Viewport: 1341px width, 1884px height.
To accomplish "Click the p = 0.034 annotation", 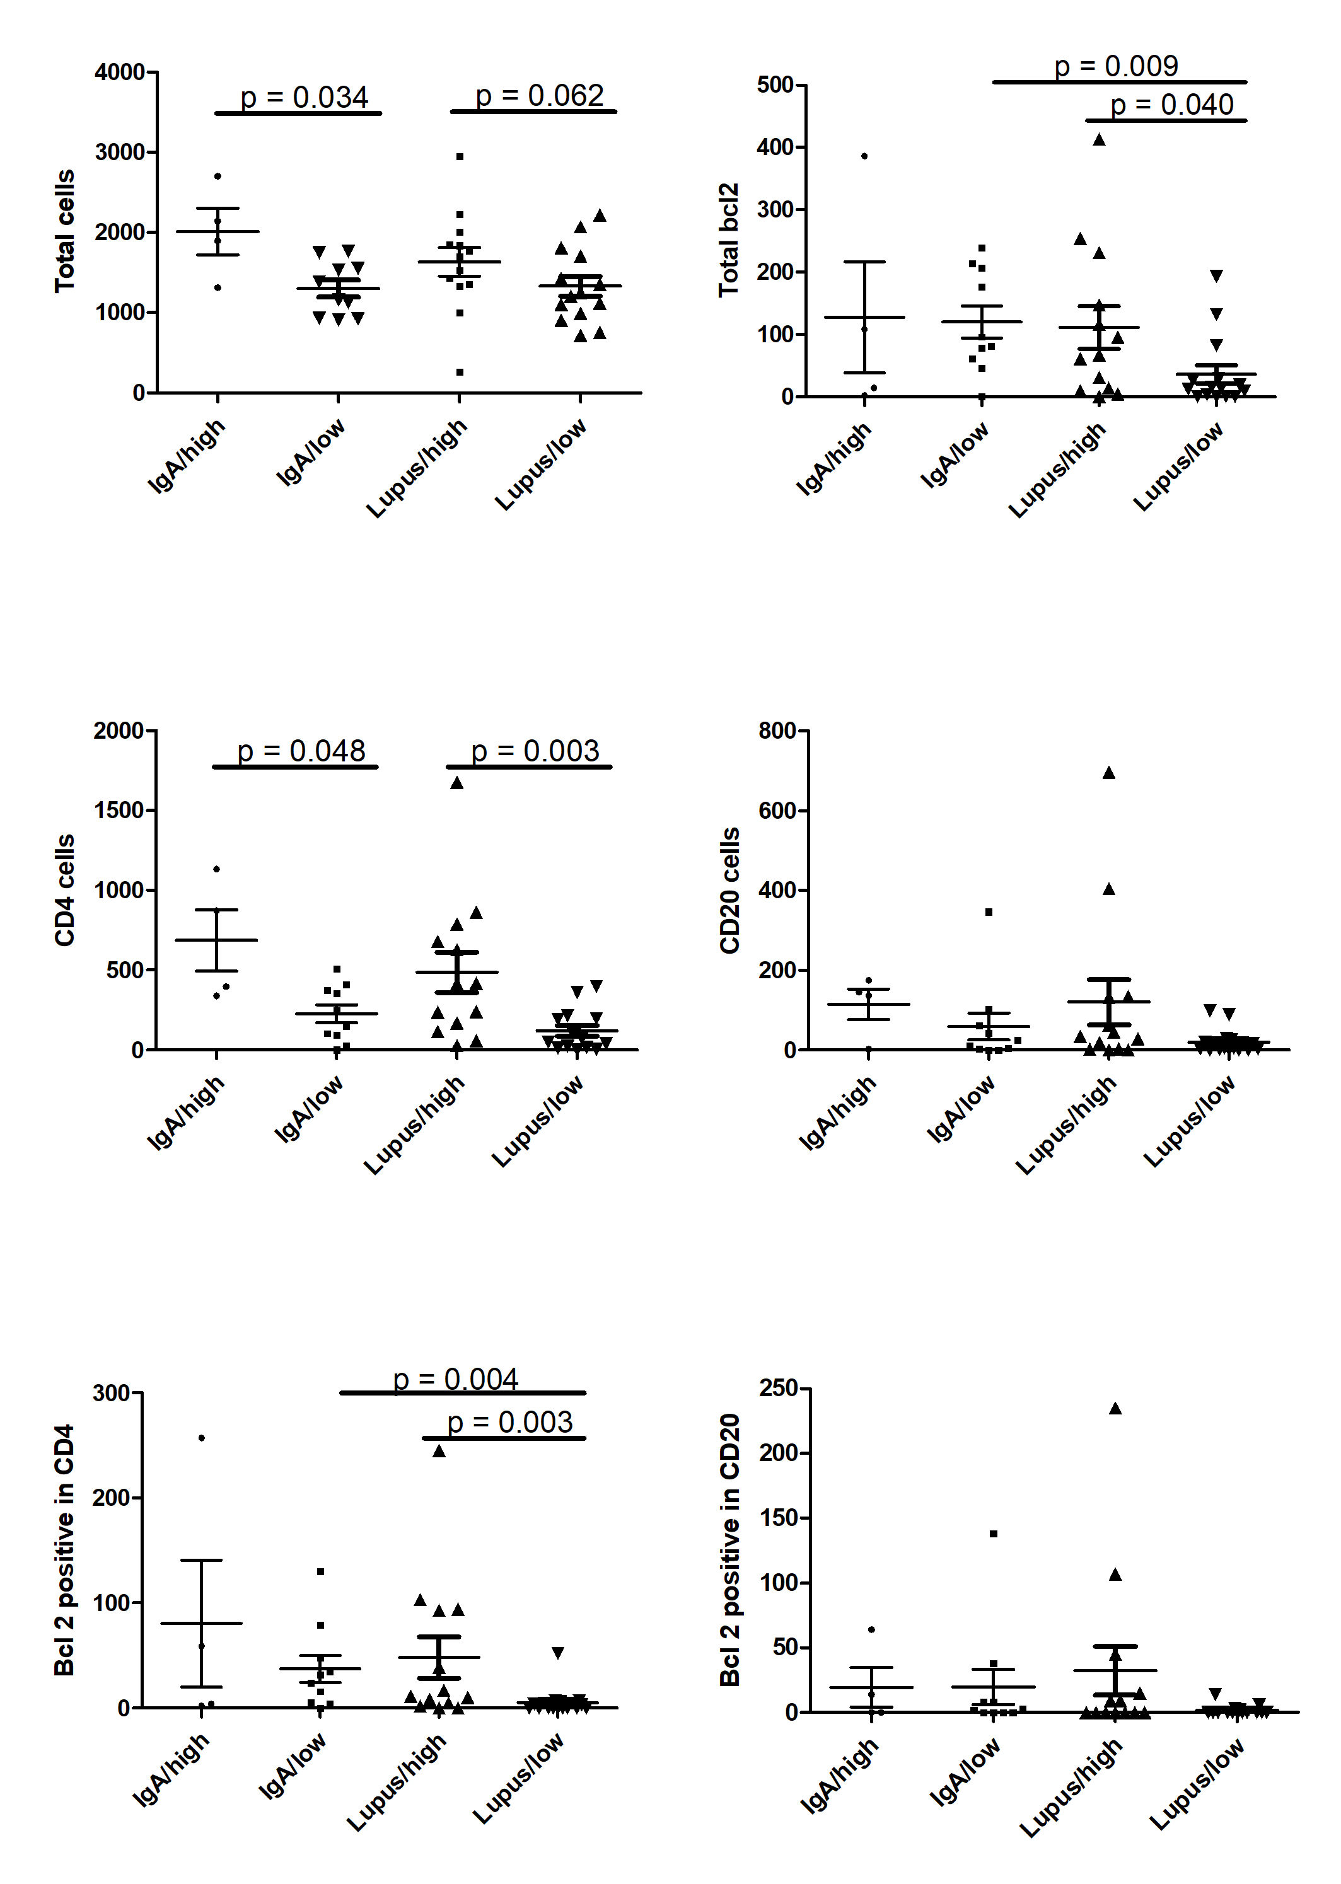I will click(303, 98).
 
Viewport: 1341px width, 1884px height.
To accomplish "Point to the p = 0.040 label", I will click(1172, 105).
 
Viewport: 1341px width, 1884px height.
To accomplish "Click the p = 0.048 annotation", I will click(301, 751).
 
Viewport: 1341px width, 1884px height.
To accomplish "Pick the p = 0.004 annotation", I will click(455, 1380).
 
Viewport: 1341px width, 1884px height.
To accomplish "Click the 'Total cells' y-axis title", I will click(64, 231).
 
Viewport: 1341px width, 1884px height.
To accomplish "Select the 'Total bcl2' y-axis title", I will click(728, 240).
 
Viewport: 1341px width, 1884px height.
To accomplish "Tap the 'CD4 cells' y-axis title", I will click(64, 890).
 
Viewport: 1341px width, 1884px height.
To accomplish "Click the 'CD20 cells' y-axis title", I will click(730, 890).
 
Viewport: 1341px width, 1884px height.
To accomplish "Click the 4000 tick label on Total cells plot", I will click(120, 72).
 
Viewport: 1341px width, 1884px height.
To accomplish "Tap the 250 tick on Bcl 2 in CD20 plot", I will click(779, 1388).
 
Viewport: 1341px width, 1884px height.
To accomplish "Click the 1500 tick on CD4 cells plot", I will click(119, 811).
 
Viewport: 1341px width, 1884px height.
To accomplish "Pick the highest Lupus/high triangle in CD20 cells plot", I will click(1109, 773).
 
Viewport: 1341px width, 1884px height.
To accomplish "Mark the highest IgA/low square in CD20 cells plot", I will click(989, 912).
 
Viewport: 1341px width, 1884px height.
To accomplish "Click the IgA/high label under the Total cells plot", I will click(187, 456).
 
